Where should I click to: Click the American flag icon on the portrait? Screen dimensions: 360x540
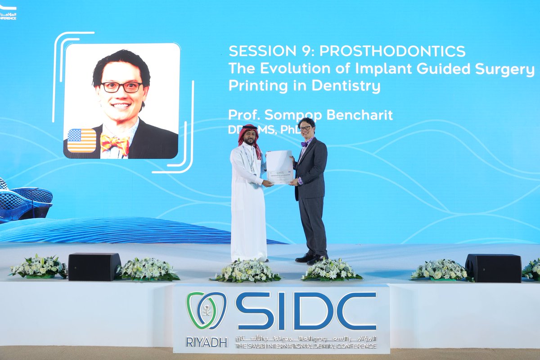pyautogui.click(x=81, y=140)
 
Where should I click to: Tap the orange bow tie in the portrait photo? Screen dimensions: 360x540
pyautogui.click(x=115, y=144)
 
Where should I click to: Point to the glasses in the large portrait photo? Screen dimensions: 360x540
pyautogui.click(x=121, y=87)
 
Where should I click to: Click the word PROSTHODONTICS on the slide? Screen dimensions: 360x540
pyautogui.click(x=392, y=51)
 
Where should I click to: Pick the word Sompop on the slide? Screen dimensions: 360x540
pyautogui.click(x=292, y=115)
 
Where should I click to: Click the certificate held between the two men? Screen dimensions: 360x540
pyautogui.click(x=279, y=167)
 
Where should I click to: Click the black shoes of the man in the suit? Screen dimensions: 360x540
pyautogui.click(x=310, y=258)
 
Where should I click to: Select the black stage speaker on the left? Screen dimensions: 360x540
pyautogui.click(x=94, y=266)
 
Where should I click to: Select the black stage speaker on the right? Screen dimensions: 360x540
pyautogui.click(x=493, y=268)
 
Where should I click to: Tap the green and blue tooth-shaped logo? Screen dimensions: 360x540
pyautogui.click(x=207, y=310)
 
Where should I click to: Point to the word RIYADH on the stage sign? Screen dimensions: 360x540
pyautogui.click(x=206, y=342)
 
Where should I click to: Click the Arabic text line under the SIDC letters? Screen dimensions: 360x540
pyautogui.click(x=306, y=339)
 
